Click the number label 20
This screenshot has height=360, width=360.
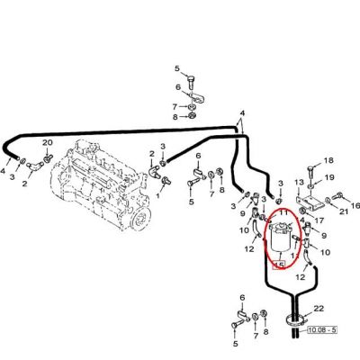[47, 142]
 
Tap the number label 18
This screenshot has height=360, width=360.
[328, 160]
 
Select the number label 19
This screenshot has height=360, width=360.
[329, 177]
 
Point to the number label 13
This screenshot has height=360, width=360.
[299, 182]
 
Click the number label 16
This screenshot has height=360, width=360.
[355, 206]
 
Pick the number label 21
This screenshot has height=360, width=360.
[344, 211]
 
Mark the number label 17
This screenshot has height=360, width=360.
[319, 220]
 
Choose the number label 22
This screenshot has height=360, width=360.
[319, 309]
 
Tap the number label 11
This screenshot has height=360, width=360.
[283, 213]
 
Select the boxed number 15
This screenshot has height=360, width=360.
[279, 265]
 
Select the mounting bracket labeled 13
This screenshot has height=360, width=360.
[308, 203]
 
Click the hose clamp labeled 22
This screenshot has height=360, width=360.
[295, 321]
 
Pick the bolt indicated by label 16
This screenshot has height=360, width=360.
[338, 196]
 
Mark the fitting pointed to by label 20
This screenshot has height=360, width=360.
[48, 158]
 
